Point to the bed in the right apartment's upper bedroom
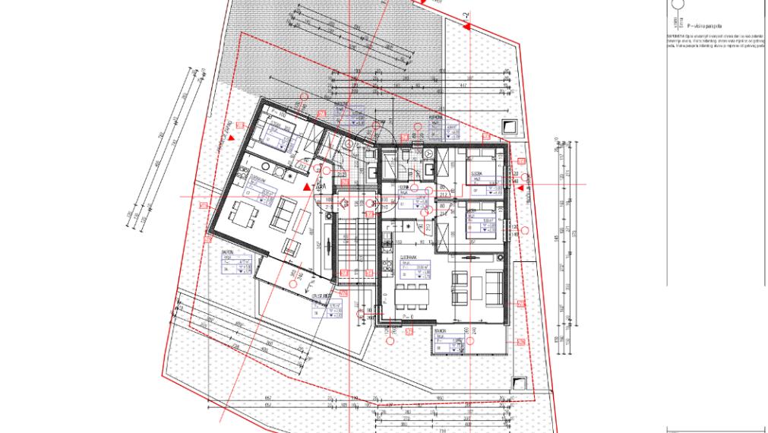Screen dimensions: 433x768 pos(482,167)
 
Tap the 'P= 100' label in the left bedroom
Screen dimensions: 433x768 pos(267,114)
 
